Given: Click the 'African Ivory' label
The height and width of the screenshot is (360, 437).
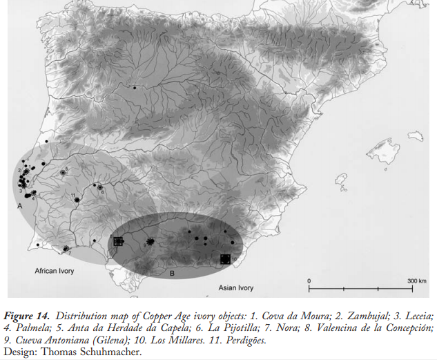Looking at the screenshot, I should [x=54, y=271].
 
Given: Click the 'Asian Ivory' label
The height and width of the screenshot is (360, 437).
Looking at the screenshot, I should [x=236, y=287].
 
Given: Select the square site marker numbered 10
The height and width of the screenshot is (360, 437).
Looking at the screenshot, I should [x=224, y=259].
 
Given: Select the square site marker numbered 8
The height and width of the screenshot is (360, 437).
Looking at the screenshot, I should [x=118, y=241].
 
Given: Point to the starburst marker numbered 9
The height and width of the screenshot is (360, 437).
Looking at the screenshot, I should [x=148, y=243].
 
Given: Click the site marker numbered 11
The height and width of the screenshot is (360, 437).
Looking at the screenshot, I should [x=77, y=200].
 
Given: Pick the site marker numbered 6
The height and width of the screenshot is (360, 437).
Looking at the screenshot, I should [x=99, y=187].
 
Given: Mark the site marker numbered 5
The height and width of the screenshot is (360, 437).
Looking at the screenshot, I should [x=64, y=171].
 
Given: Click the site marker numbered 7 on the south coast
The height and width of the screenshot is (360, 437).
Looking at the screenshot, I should [x=66, y=249].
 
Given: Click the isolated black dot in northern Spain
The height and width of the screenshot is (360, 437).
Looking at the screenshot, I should [x=135, y=88].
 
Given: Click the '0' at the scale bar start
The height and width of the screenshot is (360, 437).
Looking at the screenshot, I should [x=309, y=280].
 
